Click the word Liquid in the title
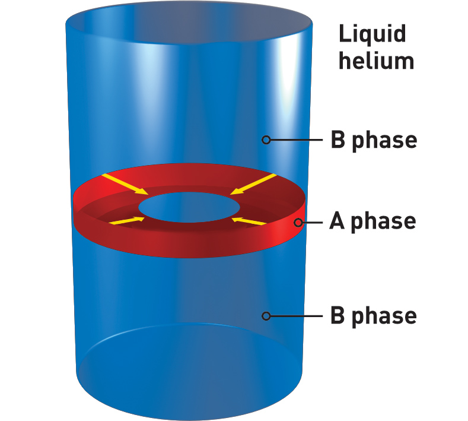(373, 34)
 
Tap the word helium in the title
(376, 61)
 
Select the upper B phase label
(373, 141)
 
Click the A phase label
(373, 221)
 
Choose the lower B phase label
(373, 316)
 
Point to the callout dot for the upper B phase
(266, 140)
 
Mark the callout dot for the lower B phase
(266, 316)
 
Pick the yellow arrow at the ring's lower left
(127, 221)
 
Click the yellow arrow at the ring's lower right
(249, 221)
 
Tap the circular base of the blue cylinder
(189, 362)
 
